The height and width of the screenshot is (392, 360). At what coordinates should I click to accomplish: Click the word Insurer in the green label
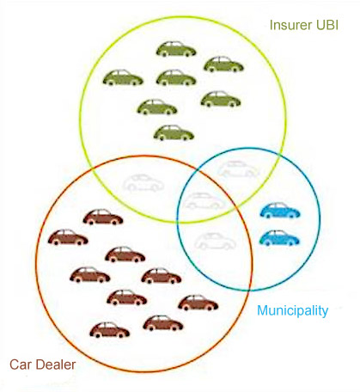[x=290, y=25]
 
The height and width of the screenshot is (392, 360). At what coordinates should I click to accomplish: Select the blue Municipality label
[x=292, y=311]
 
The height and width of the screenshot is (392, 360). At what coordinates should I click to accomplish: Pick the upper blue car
[x=280, y=210]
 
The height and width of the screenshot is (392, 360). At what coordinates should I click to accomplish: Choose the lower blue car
[x=279, y=238]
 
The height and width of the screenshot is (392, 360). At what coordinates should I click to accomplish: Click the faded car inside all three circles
[x=204, y=200]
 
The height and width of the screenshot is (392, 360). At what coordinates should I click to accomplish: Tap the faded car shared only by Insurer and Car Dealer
[x=143, y=182]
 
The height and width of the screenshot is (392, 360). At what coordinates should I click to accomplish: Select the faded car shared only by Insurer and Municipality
[x=238, y=169]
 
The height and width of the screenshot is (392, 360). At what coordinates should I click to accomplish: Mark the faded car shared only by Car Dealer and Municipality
[x=216, y=241]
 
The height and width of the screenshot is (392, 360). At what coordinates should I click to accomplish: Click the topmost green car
[x=176, y=49]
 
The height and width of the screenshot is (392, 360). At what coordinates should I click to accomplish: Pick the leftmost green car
[x=123, y=77]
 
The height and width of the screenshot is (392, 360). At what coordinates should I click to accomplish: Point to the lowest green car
[x=174, y=132]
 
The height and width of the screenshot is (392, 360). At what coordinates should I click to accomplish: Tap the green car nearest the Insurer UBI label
[x=223, y=64]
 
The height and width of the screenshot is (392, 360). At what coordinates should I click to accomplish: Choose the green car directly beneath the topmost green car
[x=176, y=77]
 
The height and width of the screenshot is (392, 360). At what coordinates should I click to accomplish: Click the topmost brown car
[x=103, y=217]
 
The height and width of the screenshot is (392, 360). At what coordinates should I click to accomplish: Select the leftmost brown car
[x=68, y=237]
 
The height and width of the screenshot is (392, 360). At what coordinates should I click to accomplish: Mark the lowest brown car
[x=110, y=330]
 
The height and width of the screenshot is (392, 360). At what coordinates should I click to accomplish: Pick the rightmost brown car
[x=198, y=303]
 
